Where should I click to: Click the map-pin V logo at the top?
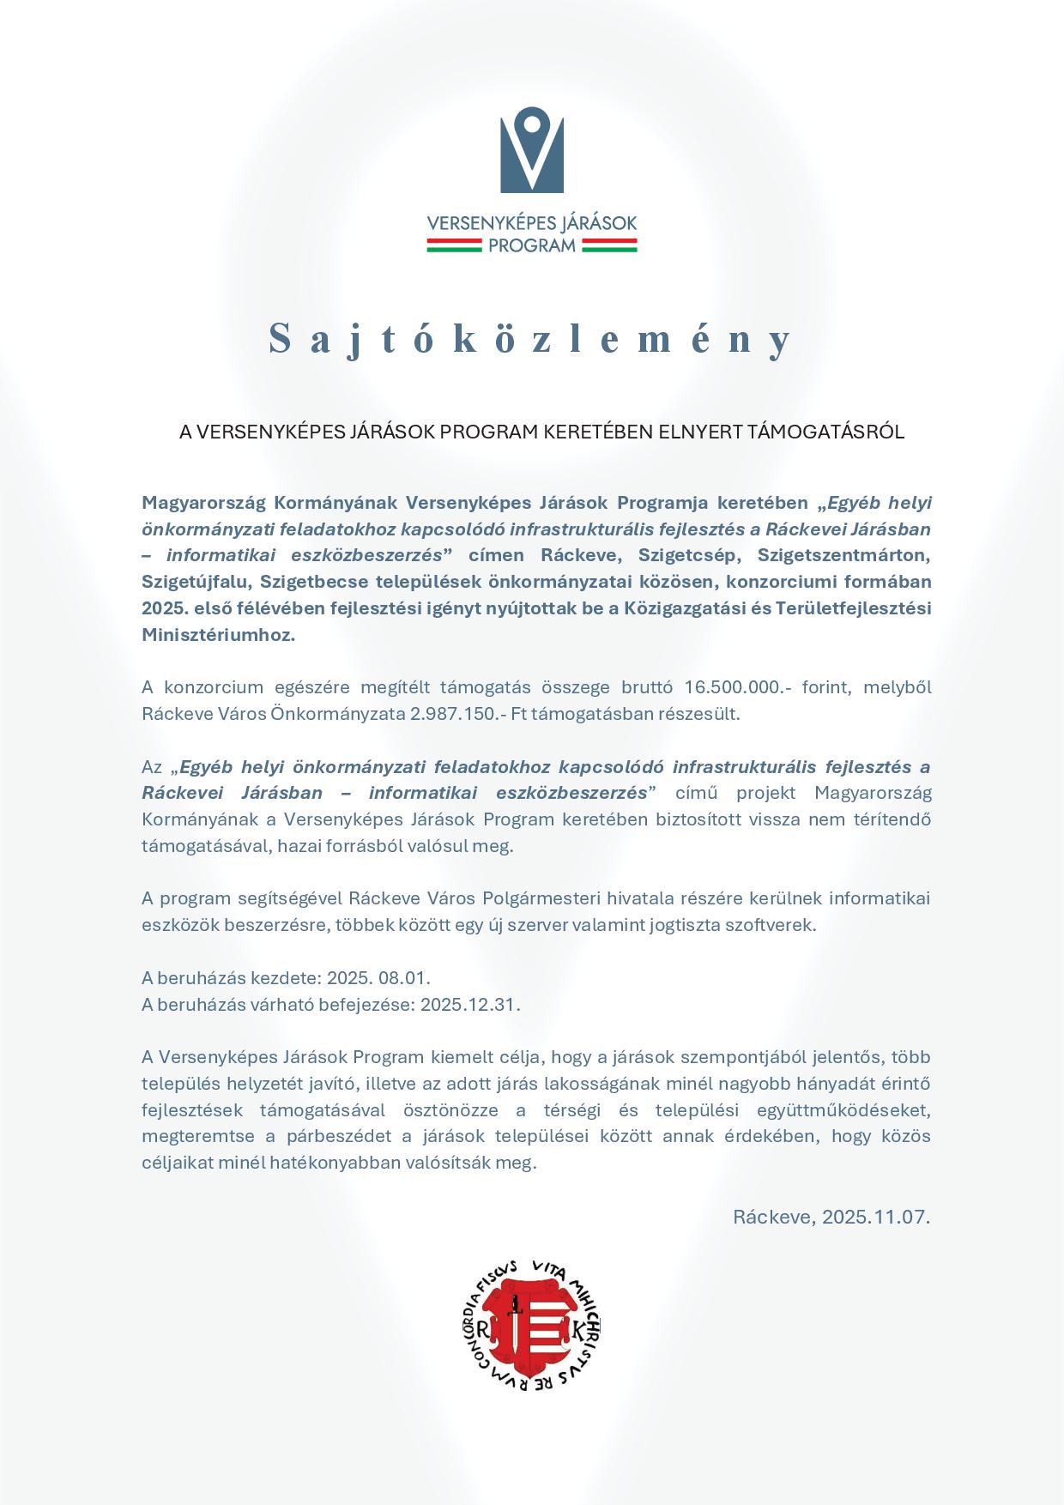click(532, 150)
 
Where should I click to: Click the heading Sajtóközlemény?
click(532, 339)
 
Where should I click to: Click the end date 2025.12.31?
click(470, 1005)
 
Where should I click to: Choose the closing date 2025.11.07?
click(876, 1217)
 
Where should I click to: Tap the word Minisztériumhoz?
click(218, 635)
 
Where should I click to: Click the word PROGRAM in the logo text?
click(532, 246)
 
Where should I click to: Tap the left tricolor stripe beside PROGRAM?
click(455, 246)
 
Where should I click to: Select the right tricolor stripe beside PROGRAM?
click(609, 246)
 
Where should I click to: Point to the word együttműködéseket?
click(844, 1110)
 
